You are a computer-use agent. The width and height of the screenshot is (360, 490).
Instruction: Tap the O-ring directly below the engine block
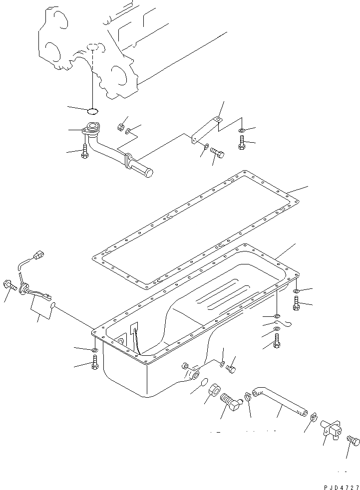pos(93,111)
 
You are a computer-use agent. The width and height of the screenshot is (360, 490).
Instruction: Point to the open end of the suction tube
pos(148,172)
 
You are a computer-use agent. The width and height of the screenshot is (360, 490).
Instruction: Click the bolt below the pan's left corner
pos(94,365)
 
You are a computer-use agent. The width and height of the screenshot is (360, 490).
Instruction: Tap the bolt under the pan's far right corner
pos(297,302)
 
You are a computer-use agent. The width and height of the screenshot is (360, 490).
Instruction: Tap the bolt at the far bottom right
pos(353,442)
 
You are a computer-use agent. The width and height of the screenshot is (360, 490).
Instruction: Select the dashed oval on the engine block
pos(93,46)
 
